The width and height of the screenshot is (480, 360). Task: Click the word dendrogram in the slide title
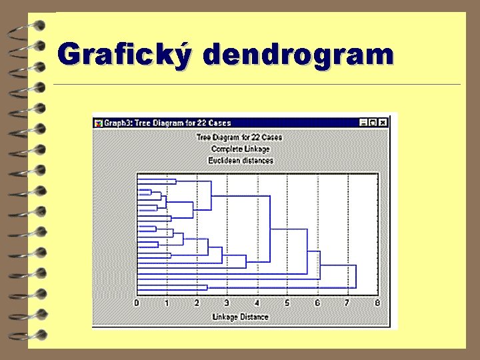click(299, 54)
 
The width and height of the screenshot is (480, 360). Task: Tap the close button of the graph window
click(383, 123)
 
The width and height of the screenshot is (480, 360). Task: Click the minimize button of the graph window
click(363, 123)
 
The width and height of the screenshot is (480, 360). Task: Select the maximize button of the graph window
click(373, 123)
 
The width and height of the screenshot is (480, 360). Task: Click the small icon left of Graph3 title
click(98, 123)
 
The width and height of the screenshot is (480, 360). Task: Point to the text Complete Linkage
click(240, 149)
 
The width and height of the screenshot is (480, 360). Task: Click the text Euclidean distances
click(240, 160)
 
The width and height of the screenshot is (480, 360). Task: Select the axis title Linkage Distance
click(240, 317)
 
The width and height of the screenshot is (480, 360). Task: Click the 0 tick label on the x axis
click(137, 303)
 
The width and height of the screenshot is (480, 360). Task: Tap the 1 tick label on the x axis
click(167, 303)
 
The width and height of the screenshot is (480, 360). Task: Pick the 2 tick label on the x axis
click(197, 303)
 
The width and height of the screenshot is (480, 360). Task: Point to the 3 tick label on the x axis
click(227, 303)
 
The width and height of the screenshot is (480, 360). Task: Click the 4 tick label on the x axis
click(257, 303)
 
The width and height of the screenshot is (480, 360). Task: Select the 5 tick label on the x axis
click(287, 303)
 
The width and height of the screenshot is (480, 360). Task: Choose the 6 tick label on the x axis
click(317, 303)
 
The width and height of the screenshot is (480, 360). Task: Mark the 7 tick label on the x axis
click(347, 303)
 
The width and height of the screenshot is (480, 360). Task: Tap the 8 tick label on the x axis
click(377, 303)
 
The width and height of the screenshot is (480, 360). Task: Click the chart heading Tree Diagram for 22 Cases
click(239, 137)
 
